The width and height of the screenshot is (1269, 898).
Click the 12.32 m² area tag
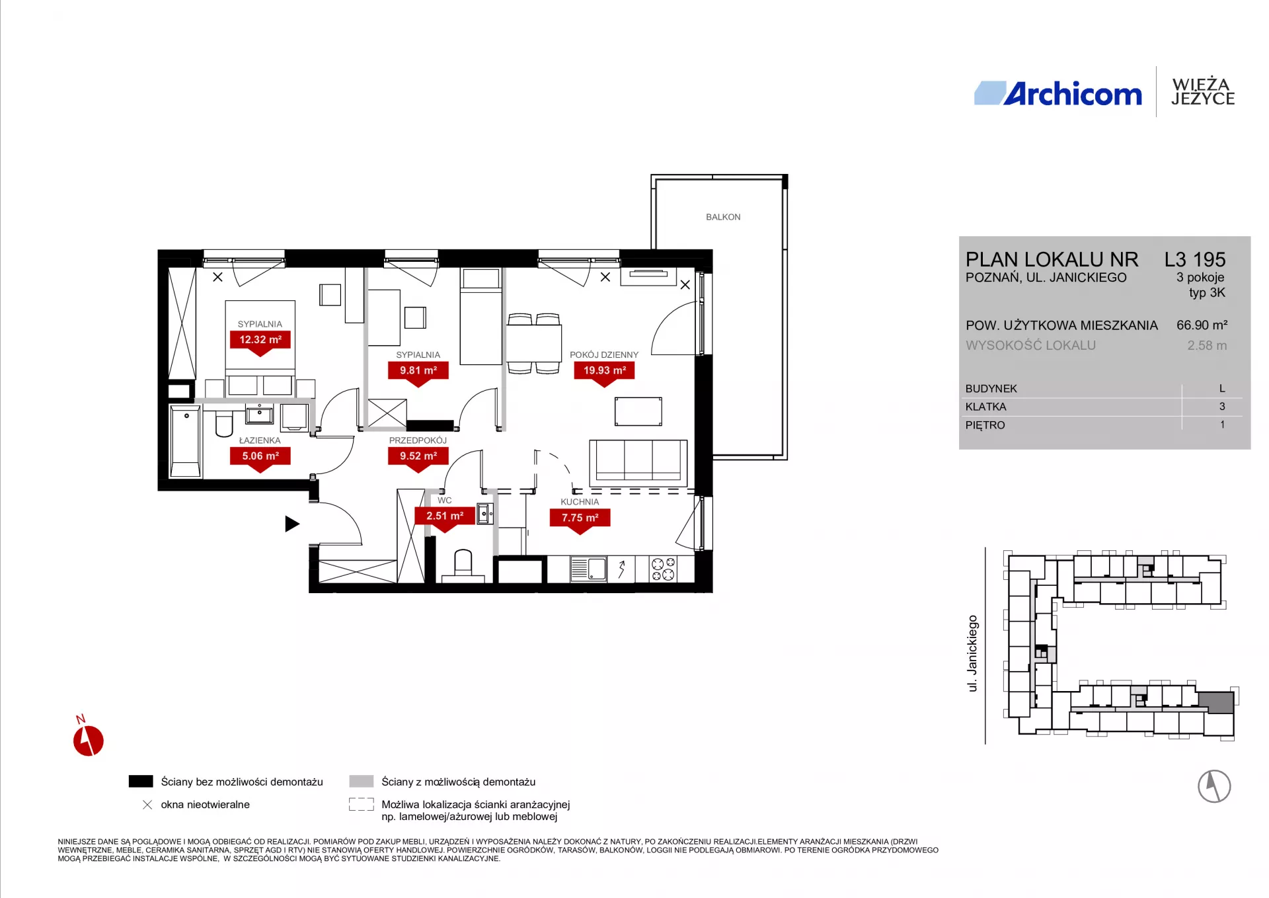pyautogui.click(x=260, y=340)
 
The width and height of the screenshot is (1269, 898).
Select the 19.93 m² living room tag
pyautogui.click(x=604, y=371)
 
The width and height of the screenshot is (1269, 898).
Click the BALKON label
pyautogui.click(x=723, y=217)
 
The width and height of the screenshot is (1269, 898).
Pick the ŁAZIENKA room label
pyautogui.click(x=260, y=440)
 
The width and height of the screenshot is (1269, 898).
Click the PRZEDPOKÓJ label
pyautogui.click(x=418, y=440)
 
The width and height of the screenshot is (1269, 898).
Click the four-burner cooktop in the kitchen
pyautogui.click(x=663, y=569)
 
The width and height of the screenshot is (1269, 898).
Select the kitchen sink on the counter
pyautogui.click(x=588, y=569)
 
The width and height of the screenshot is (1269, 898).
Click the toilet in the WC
pyautogui.click(x=463, y=564)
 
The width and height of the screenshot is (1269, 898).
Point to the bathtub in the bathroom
pyautogui.click(x=185, y=442)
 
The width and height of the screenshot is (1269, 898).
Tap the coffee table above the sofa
pyautogui.click(x=638, y=411)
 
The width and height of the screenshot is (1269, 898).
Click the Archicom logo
pyautogui.click(x=1058, y=93)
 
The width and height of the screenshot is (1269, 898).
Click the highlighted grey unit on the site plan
pyautogui.click(x=1216, y=702)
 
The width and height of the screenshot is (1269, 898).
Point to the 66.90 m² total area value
pyautogui.click(x=1202, y=325)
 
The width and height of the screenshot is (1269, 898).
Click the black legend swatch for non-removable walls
pyautogui.click(x=141, y=782)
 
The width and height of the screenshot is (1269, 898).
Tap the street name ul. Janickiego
pyautogui.click(x=972, y=653)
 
